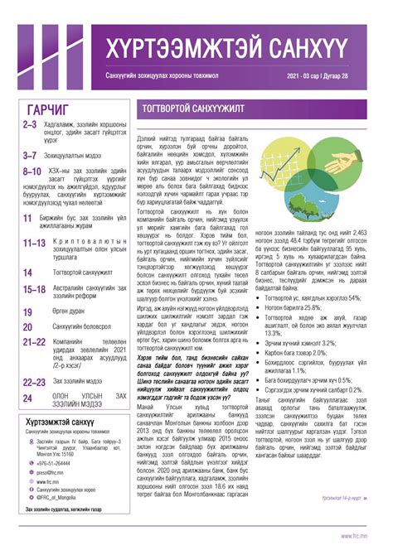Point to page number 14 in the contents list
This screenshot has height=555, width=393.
28,271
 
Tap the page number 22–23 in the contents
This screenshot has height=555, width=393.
34,382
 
